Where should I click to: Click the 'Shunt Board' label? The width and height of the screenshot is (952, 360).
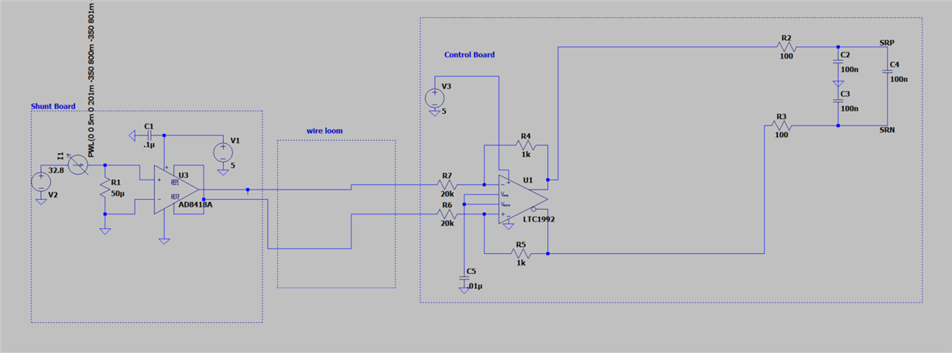pos(53,106)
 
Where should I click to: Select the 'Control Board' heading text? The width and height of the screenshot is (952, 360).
pos(469,55)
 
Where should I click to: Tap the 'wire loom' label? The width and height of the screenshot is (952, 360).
pos(324,131)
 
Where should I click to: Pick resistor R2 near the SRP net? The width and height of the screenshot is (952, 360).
pos(786,47)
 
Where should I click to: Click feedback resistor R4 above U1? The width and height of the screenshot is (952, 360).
pos(526,146)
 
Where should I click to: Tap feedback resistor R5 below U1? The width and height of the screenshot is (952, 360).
pos(520,252)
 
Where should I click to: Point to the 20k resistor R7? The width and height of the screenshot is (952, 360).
pos(447,185)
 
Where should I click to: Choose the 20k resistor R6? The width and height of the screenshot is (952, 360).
pos(447,213)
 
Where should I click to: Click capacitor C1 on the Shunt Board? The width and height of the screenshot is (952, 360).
pos(149,135)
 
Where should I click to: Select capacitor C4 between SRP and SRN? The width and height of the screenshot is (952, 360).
pos(888,74)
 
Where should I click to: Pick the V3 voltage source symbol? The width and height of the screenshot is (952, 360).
pos(434,98)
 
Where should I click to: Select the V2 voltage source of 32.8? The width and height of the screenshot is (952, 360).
pos(40,183)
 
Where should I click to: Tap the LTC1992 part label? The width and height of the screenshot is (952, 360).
pos(539,219)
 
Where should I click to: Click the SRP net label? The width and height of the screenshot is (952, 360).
pos(889,42)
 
